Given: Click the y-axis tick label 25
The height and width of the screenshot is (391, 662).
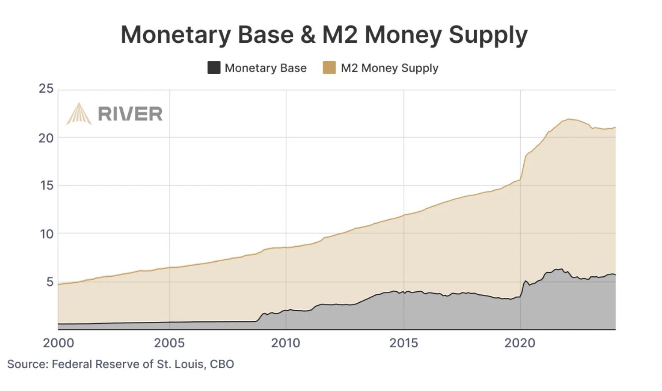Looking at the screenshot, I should [x=46, y=89].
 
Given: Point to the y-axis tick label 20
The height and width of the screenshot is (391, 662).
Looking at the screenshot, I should [x=46, y=138].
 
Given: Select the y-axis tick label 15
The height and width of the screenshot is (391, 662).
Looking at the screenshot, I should [x=46, y=185].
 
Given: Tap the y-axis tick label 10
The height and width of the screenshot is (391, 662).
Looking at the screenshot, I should [x=46, y=234].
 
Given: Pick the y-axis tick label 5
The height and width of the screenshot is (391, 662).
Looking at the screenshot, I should [x=49, y=282].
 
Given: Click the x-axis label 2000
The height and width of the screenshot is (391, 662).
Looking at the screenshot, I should [x=58, y=343].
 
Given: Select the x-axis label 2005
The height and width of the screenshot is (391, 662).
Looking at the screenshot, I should [x=169, y=343].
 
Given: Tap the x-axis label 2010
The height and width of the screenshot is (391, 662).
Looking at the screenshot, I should [x=285, y=343].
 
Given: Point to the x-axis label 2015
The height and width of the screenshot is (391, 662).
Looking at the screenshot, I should [x=403, y=343].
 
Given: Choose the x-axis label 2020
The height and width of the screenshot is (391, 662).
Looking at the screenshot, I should [x=520, y=343].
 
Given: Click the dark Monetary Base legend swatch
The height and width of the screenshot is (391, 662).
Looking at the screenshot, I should [x=214, y=68].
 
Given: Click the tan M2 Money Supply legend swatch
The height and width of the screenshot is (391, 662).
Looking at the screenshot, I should [x=329, y=68].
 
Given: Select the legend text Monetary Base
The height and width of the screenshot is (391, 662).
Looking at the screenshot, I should [x=266, y=68].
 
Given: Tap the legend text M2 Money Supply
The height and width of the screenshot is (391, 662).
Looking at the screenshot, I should [x=389, y=68].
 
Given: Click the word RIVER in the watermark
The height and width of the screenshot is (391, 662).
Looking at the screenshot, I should [x=130, y=114].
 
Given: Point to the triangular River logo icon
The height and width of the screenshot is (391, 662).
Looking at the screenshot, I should [x=79, y=114].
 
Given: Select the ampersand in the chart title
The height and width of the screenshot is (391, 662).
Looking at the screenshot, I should [x=308, y=34].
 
